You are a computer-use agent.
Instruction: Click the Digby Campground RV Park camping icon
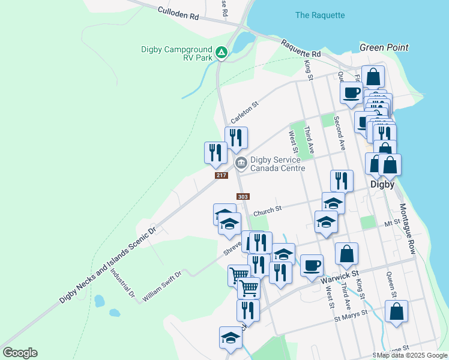pos(221,53)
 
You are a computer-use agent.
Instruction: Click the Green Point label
pos(384,47)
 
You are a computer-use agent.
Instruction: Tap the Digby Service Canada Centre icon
pos(241,163)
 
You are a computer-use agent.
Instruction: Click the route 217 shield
pos(221,175)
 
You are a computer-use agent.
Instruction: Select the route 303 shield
pos(243,197)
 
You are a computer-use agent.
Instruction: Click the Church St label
pos(267,211)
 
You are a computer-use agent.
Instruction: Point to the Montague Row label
pos(408,226)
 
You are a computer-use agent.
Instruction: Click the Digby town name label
pos(382,185)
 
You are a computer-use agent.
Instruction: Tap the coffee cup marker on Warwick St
pos(311,265)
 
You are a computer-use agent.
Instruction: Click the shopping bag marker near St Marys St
pos(396,311)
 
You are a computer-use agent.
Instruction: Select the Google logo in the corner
pos(20,353)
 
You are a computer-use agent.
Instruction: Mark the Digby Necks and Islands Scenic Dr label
pos(108,265)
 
